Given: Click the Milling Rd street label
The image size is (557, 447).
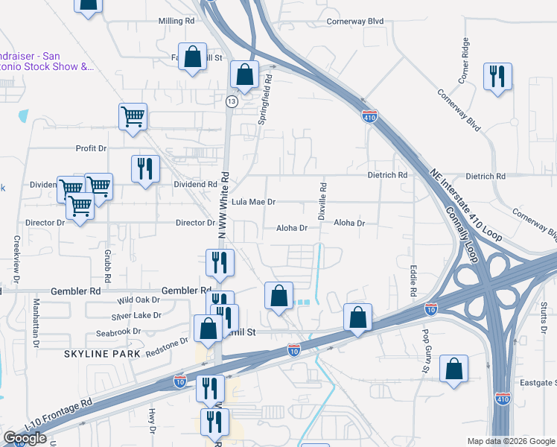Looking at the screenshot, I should click(x=176, y=21).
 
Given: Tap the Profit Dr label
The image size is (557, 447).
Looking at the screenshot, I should click(x=92, y=148).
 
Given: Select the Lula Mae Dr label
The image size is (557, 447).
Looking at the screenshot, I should click(x=253, y=202).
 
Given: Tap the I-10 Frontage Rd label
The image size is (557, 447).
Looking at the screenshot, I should click(x=58, y=413).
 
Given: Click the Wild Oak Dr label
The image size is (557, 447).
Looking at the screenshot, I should click(x=139, y=300).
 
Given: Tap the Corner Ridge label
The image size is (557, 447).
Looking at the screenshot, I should click(x=465, y=60).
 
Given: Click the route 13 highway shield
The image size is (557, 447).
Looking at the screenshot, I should click(x=232, y=101).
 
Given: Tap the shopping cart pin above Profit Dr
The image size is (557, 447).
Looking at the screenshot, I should click(x=133, y=117).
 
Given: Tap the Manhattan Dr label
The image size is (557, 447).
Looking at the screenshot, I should click(x=35, y=324).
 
